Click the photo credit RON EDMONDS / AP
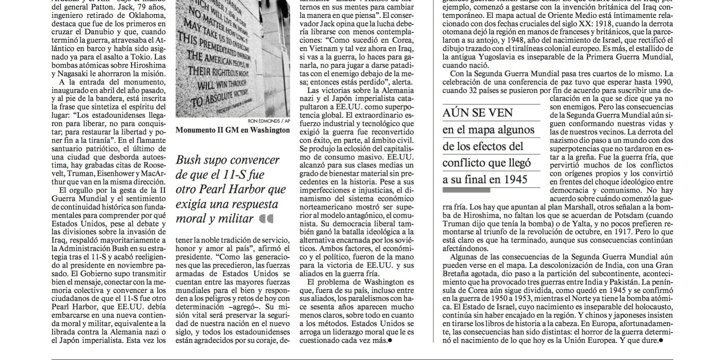(269, 121)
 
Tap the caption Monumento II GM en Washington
(233, 130)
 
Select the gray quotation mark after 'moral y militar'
(266, 219)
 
